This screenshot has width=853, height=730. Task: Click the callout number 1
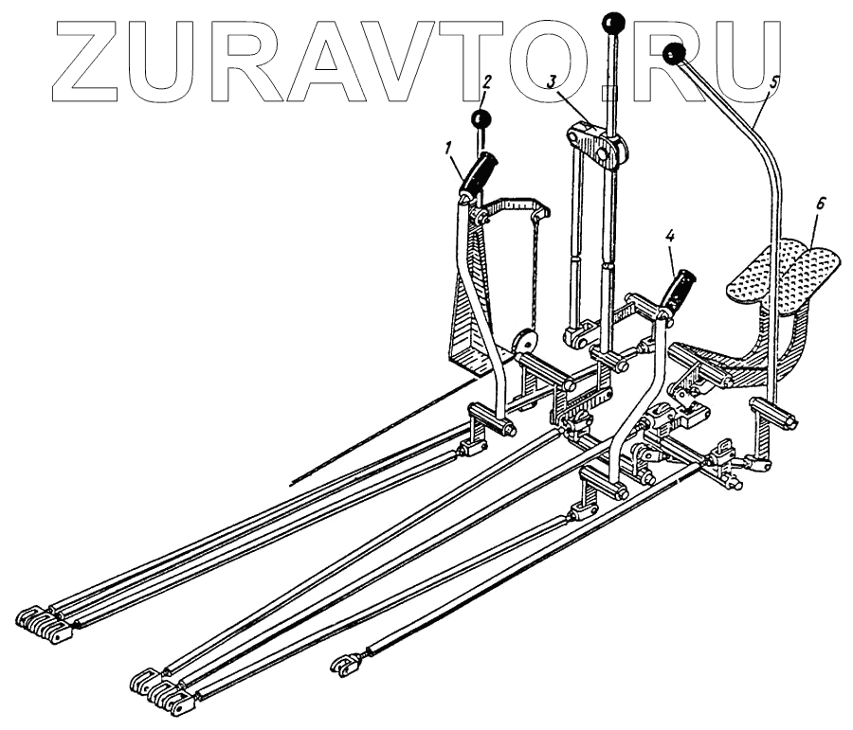point(448,147)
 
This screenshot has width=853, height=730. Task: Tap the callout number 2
point(486,82)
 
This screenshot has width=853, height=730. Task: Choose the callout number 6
point(821,205)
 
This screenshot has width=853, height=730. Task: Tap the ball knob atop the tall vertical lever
point(611,22)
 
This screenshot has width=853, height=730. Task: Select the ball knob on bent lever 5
point(675,53)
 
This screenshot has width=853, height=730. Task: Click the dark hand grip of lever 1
point(479,175)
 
